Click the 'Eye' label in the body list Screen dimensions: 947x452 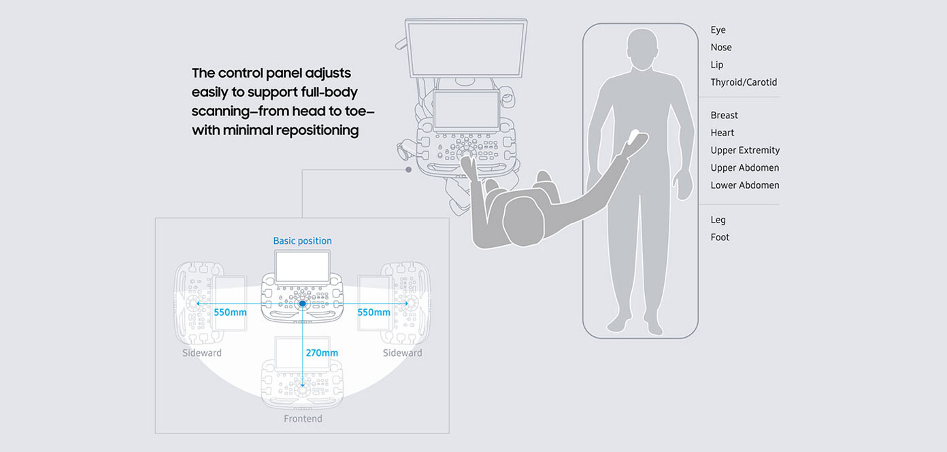tap(718, 30)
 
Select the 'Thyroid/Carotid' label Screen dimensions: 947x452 tap(744, 82)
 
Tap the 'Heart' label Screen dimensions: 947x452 tap(722, 133)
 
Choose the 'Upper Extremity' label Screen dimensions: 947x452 tap(745, 150)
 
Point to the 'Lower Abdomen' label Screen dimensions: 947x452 tap(745, 185)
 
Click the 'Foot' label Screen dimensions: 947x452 tap(720, 237)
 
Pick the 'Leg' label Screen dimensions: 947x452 tap(718, 220)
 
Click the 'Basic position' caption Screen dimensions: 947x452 tap(302, 240)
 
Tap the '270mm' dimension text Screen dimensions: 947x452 tap(322, 353)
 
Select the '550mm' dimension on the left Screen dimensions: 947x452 tap(230, 312)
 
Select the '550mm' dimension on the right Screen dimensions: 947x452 tap(373, 312)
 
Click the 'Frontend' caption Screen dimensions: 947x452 tap(303, 419)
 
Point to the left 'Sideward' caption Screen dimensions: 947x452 tap(201, 353)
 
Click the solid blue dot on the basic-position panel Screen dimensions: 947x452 tap(302, 304)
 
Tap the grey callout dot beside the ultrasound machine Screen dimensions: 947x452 tap(408, 169)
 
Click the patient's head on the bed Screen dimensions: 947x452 tap(642, 48)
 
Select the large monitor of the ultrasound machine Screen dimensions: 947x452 tap(465, 48)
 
